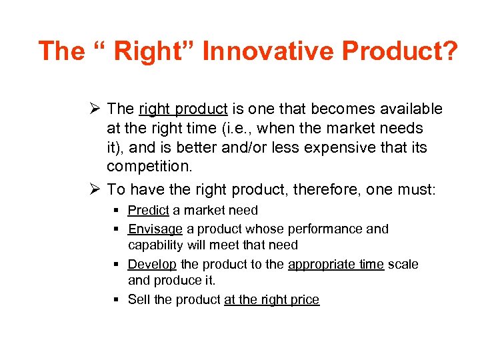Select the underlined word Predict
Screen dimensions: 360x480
[x=148, y=211]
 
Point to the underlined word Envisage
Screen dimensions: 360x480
[x=155, y=229]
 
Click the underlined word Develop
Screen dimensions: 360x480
[x=152, y=264]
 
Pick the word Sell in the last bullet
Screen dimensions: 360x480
[x=139, y=300]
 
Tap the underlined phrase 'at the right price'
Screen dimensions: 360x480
[x=271, y=300]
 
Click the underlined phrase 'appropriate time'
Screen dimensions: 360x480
[x=335, y=264]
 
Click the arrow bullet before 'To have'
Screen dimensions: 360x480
[x=94, y=189]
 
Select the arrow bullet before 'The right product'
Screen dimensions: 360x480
[x=94, y=109]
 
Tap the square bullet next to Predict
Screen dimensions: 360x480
[x=117, y=211]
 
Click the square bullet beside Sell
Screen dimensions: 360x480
[x=117, y=300]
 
